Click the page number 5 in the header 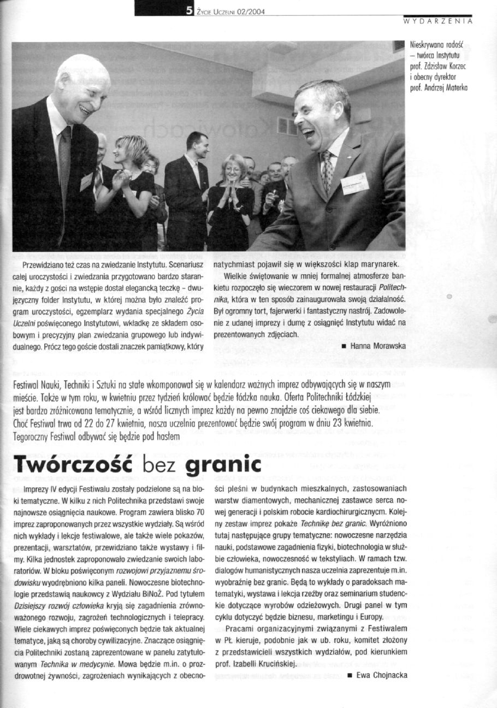tap(188, 8)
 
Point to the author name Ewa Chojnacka tap(382, 675)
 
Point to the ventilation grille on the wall tap(287, 126)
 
